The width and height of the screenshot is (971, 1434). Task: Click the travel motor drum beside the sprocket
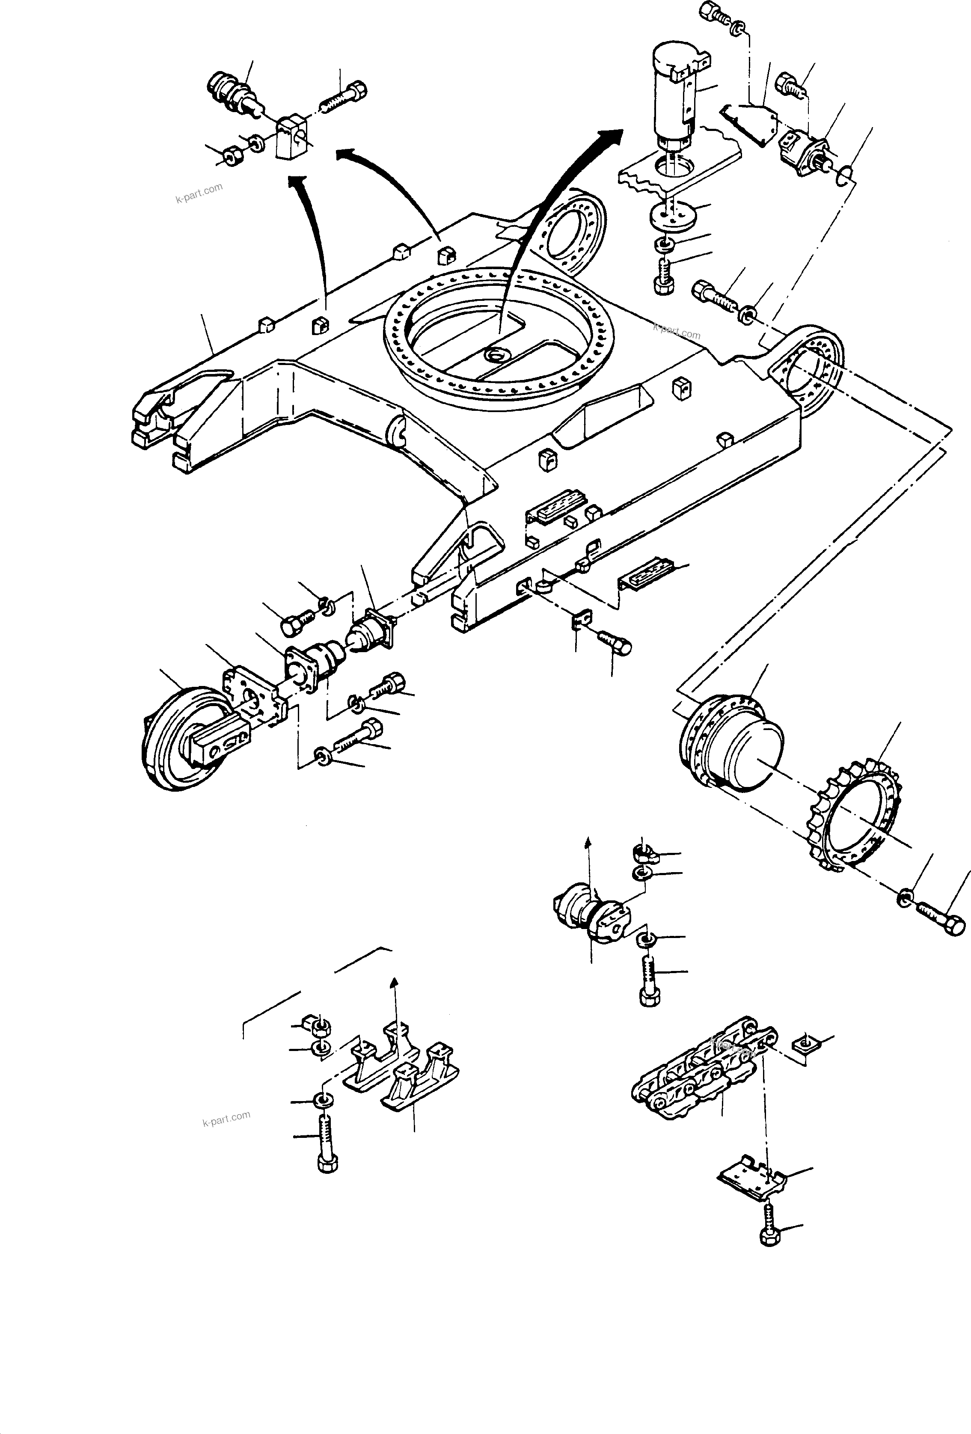point(731,744)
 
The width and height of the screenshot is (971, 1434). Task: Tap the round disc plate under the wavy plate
point(672,216)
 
